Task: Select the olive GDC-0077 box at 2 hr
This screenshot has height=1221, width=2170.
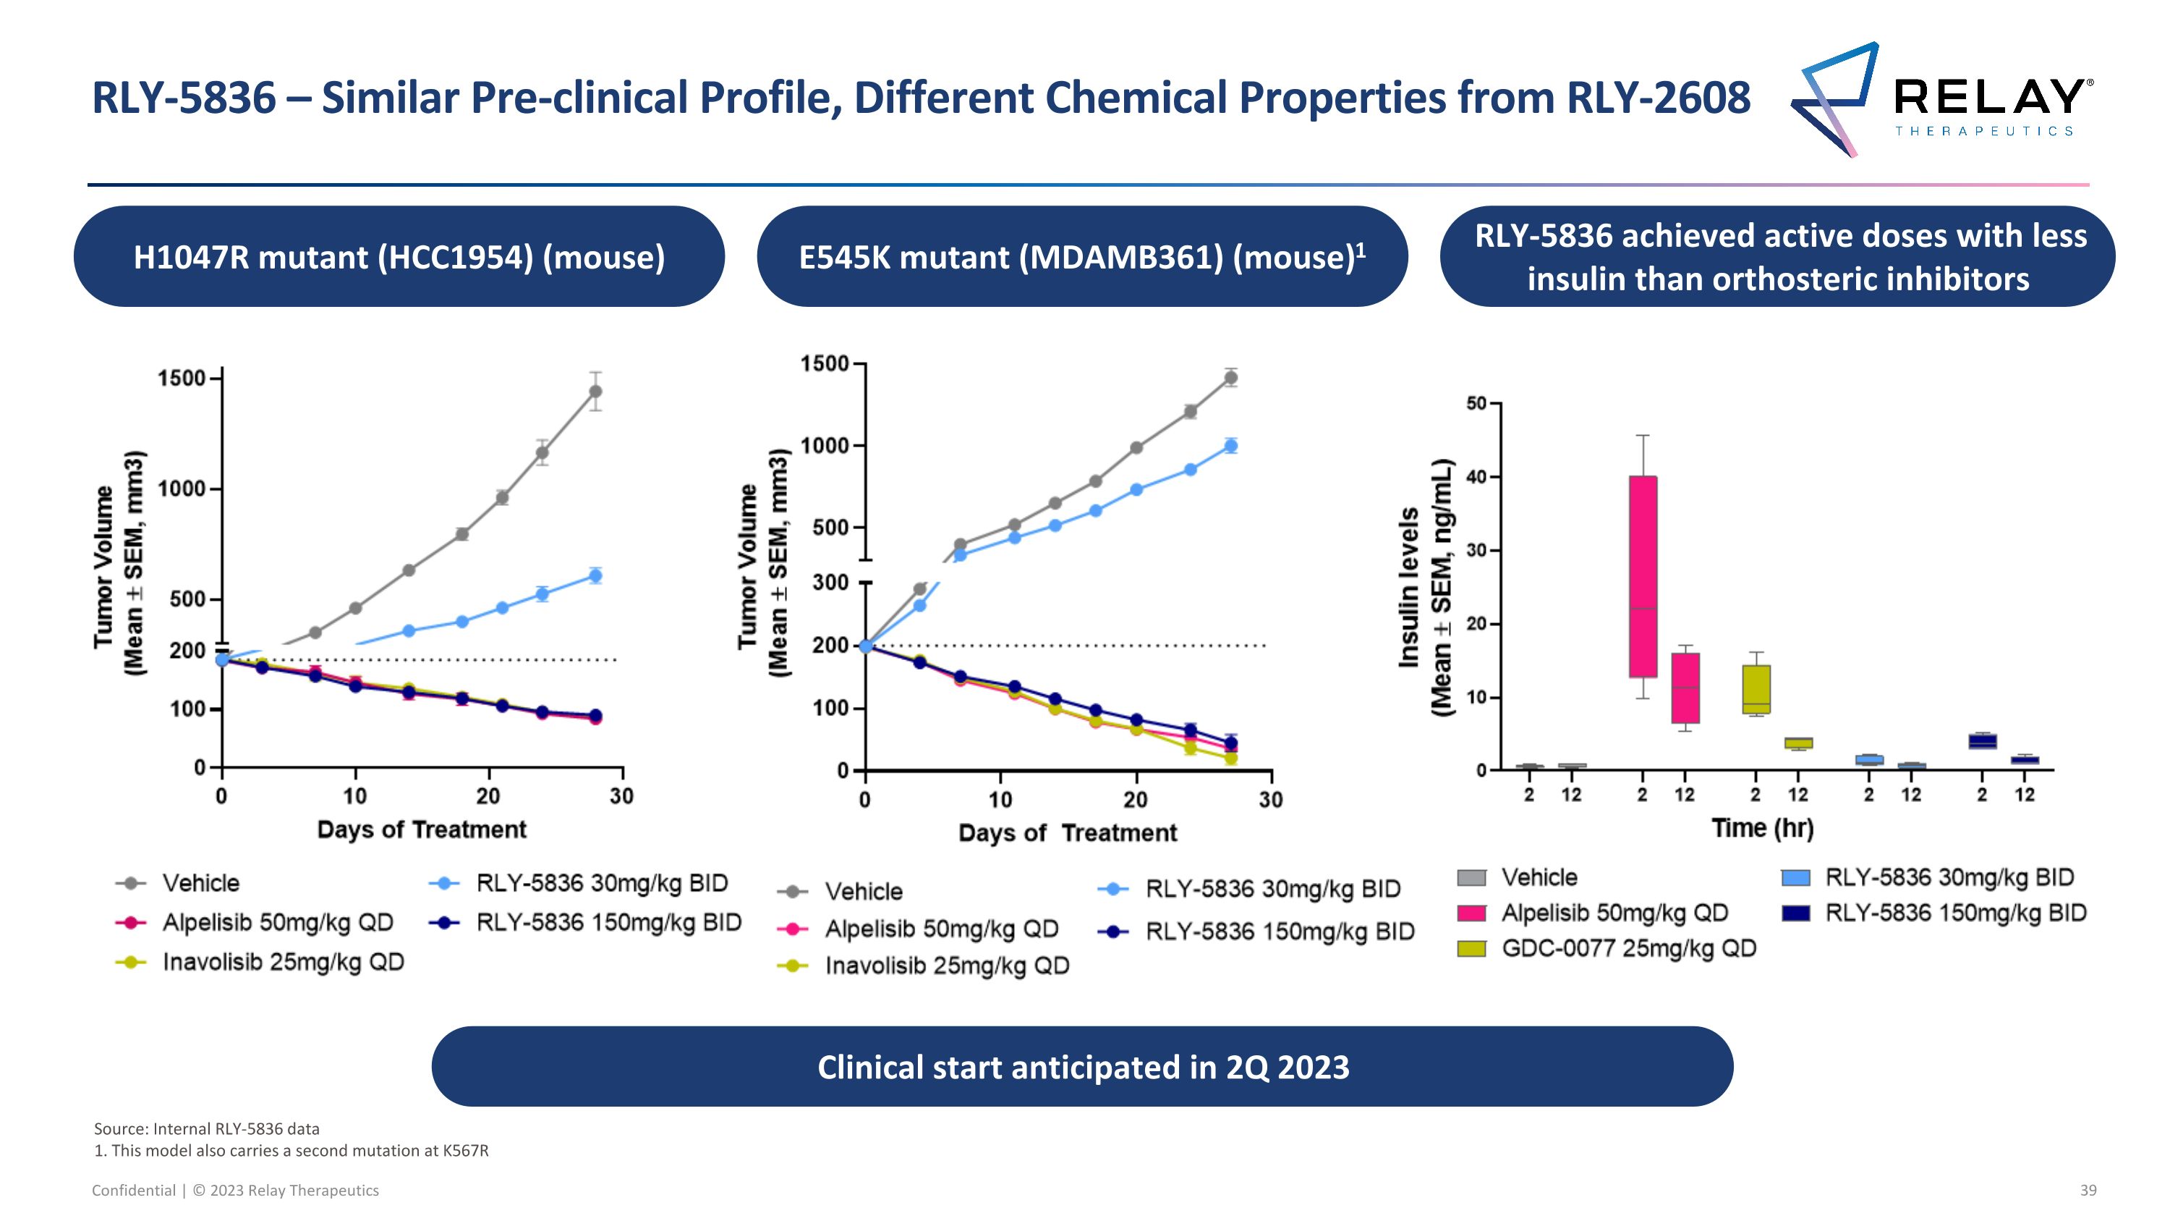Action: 1756,688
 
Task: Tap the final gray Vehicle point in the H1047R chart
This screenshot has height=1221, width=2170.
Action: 595,392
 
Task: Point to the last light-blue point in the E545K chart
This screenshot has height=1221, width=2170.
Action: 1230,446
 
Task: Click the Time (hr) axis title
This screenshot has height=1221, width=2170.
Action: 1762,828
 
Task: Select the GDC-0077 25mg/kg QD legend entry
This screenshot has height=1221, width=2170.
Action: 1628,949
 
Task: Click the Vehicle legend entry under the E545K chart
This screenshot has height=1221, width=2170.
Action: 863,892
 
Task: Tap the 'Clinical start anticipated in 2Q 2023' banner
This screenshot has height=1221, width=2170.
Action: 1083,1067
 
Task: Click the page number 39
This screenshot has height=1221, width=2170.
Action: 2088,1191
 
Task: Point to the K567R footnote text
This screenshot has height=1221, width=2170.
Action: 292,1151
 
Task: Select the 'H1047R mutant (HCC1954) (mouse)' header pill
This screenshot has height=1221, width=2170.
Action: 399,257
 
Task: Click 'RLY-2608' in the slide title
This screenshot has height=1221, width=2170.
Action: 1658,98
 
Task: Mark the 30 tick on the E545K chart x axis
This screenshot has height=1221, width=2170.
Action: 1270,800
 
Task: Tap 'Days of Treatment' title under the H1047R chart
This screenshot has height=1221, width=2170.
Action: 421,830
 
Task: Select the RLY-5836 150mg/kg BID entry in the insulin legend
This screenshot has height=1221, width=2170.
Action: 1954,913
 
